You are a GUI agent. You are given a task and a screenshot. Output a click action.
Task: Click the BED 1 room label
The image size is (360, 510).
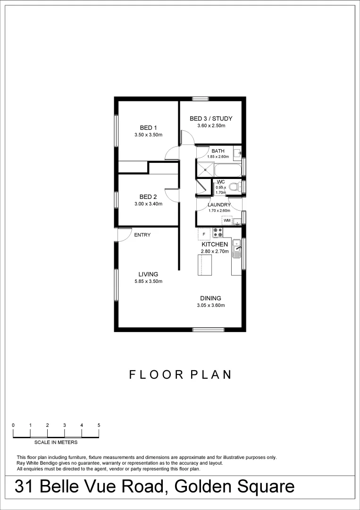point(148,127)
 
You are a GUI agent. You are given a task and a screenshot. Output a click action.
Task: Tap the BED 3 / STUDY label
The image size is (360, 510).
point(211,119)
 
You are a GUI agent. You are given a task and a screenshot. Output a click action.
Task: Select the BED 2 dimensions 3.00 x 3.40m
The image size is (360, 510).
point(148,204)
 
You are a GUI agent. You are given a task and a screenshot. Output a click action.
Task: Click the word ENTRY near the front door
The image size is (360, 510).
point(142,235)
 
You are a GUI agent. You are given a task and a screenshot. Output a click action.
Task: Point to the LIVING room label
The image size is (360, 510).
point(148,274)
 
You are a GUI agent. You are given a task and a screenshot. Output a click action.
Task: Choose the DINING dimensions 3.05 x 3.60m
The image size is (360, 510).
point(210,305)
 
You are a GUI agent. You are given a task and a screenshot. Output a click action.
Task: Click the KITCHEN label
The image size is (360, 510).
point(215,244)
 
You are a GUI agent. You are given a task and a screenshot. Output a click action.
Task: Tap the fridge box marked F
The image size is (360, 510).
point(204,234)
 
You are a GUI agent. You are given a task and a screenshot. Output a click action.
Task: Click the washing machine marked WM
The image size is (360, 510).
point(227,221)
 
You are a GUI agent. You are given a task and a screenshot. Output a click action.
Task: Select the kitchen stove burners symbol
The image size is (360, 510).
point(218,232)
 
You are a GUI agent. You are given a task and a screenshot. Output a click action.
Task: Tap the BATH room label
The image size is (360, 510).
point(218,151)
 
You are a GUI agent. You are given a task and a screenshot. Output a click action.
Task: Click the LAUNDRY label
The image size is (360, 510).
point(219,205)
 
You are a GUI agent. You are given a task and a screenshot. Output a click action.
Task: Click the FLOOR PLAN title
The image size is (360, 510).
point(180,374)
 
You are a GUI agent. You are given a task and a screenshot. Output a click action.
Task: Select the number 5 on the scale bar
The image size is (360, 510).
point(99,425)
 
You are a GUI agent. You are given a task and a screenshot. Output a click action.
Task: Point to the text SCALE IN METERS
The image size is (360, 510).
point(56,442)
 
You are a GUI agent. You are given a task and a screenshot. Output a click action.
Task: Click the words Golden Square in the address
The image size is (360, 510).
point(236,487)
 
